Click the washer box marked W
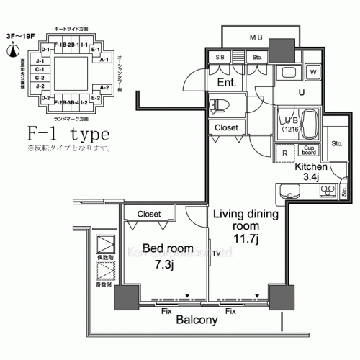click(x=313, y=72)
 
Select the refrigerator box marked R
click(x=285, y=152)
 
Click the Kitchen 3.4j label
click(x=312, y=171)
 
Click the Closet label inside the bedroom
click(x=149, y=214)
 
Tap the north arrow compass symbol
click(x=12, y=51)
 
